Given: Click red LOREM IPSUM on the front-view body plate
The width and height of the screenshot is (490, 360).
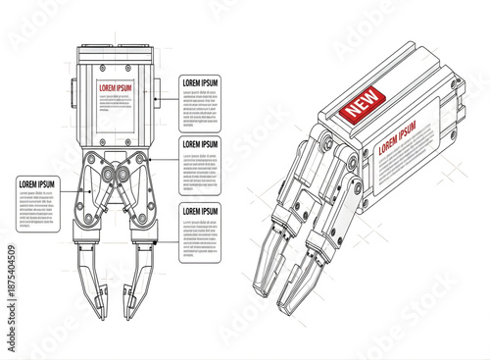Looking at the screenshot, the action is click(115, 88).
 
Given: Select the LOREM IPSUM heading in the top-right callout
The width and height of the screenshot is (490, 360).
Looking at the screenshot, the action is click(201, 83).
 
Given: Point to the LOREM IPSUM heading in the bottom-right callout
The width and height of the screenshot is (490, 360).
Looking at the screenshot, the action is click(201, 212).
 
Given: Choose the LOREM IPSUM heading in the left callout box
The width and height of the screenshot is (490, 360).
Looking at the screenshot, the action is click(38, 184).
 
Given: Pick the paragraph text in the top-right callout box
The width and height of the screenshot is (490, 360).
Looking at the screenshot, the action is click(201, 106).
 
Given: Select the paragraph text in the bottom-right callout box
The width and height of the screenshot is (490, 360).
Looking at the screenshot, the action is click(201, 235).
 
